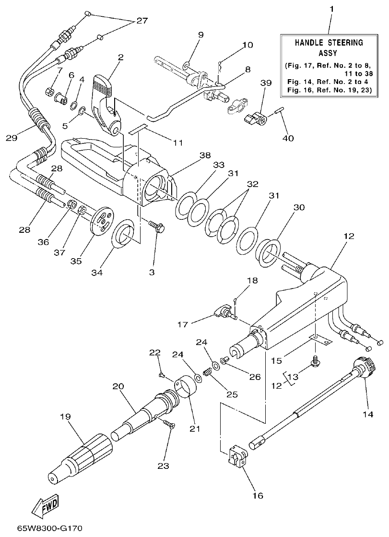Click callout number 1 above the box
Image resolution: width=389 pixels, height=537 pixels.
click(x=330, y=9)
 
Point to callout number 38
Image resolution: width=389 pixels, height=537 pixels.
click(x=205, y=155)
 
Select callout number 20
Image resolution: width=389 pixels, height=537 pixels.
click(x=118, y=386)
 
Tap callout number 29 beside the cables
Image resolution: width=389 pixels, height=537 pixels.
click(x=12, y=139)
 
